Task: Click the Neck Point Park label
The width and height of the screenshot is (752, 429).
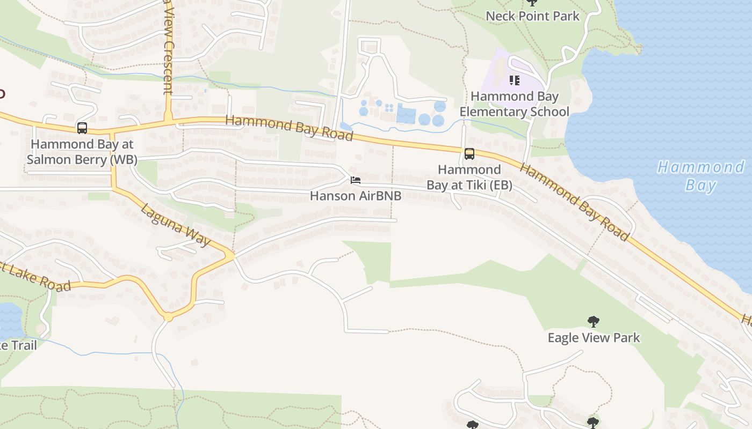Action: (x=532, y=16)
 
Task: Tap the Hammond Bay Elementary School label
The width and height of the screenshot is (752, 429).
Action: (x=514, y=104)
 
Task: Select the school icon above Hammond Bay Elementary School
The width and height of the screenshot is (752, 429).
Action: (x=515, y=80)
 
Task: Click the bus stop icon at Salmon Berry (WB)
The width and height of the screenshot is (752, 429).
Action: (x=82, y=128)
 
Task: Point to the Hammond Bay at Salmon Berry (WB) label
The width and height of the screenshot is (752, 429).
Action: (x=82, y=152)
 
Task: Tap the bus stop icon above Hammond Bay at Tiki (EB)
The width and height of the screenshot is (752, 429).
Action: (x=469, y=154)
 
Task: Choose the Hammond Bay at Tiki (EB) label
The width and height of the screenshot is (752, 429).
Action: (x=469, y=177)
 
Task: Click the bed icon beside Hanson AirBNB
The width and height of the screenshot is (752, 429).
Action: (x=355, y=180)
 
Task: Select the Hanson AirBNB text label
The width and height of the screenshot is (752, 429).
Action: (x=356, y=196)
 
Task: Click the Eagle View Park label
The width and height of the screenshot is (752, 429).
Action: (x=594, y=338)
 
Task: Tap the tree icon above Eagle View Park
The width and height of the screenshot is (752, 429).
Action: (x=594, y=322)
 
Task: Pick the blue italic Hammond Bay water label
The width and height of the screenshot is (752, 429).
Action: (x=701, y=176)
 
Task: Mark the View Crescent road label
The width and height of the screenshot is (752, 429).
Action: (x=168, y=48)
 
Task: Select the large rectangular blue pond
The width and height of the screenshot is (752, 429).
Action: (x=406, y=115)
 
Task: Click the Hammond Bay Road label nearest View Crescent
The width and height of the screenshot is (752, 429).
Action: (x=289, y=128)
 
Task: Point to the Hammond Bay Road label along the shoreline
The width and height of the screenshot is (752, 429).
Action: (x=574, y=202)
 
